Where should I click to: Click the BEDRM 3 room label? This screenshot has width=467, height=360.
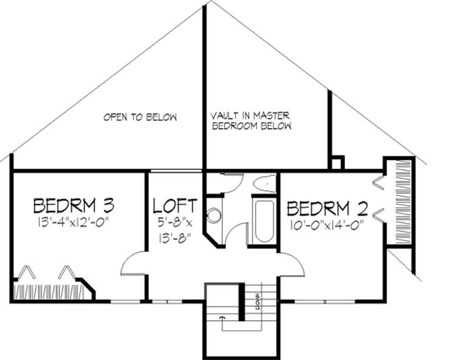coord(74,206)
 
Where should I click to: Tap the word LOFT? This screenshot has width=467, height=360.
coord(175,206)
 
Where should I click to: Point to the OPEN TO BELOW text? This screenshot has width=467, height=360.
coord(140,117)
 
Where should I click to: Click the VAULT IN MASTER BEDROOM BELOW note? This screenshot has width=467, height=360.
coord(251,121)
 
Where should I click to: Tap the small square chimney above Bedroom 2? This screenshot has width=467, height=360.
coord(336,162)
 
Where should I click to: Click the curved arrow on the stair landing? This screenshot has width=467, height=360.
coord(222,319)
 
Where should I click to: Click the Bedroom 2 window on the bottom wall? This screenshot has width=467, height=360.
coord(325,302)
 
